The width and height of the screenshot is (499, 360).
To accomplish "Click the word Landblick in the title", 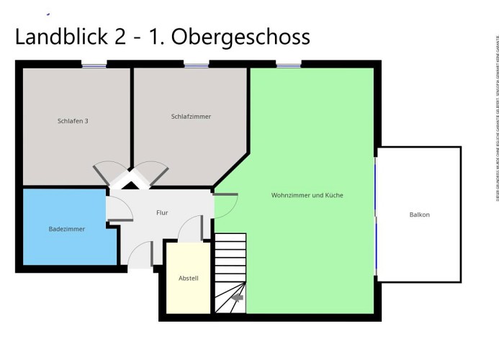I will pyautogui.click(x=60, y=37).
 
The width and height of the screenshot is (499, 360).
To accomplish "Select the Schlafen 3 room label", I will pyautogui.click(x=73, y=121).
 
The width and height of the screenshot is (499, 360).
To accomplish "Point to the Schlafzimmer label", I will pyautogui.click(x=191, y=117).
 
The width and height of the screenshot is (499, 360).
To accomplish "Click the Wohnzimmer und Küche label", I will pyautogui.click(x=307, y=195).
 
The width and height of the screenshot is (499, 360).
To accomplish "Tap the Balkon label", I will pyautogui.click(x=419, y=215).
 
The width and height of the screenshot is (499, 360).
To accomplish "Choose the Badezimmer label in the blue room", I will pyautogui.click(x=67, y=229).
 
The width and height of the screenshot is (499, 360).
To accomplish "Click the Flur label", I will pyautogui.click(x=162, y=213).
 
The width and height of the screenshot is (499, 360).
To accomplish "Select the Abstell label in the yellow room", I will pyautogui.click(x=188, y=279).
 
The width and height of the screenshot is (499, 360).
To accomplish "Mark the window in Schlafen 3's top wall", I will pyautogui.click(x=94, y=66).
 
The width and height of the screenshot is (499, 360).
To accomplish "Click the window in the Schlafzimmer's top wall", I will pyautogui.click(x=196, y=66).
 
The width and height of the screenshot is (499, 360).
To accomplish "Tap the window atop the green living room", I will pyautogui.click(x=288, y=66).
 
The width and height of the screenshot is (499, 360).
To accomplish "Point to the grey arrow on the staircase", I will pyautogui.click(x=237, y=297).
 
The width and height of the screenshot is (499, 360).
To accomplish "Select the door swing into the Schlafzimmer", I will pyautogui.click(x=153, y=173).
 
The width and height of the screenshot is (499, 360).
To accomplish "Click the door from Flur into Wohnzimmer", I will pyautogui.click(x=225, y=206).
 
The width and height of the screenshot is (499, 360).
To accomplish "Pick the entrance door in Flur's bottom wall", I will pyautogui.click(x=140, y=255).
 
